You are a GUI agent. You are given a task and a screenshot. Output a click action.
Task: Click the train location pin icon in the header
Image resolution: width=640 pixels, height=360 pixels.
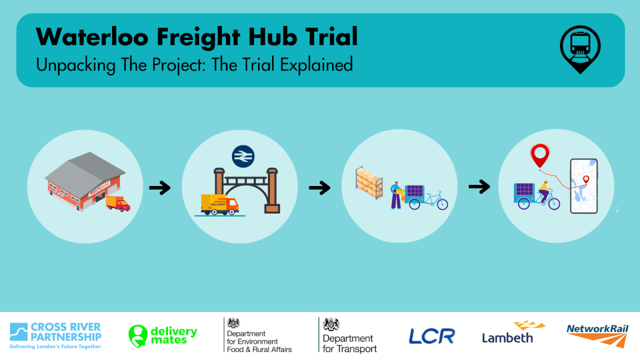tap(580, 49)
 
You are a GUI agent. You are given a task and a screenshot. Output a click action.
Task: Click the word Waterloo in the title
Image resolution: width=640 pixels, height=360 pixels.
tap(92, 37)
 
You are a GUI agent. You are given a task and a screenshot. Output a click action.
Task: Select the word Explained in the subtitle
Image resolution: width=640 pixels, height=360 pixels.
tap(316, 65)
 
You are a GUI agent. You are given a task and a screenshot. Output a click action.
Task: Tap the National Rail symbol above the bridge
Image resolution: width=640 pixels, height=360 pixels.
tap(243, 156)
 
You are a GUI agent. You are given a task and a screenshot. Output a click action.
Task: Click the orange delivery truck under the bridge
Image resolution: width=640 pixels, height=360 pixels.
tap(220, 204)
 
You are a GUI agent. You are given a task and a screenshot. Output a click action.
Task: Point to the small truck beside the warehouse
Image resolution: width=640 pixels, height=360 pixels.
tap(118, 203)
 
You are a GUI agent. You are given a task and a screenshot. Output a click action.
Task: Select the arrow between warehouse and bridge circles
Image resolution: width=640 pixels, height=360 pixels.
tap(160, 187)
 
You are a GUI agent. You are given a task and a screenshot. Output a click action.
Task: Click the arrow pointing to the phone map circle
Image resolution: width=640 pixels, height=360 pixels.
tap(479, 186)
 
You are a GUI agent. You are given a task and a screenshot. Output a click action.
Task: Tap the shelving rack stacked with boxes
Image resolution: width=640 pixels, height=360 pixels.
tap(369, 182)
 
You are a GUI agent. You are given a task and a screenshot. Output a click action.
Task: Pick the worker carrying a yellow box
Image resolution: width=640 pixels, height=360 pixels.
tap(397, 195)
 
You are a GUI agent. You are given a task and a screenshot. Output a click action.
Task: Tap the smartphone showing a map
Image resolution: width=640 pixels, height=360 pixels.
tap(583, 186)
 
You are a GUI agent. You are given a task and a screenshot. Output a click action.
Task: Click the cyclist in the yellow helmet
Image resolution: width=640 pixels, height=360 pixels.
tap(544, 191)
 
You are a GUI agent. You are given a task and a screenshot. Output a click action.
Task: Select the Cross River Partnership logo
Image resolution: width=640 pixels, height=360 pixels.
tap(55, 335)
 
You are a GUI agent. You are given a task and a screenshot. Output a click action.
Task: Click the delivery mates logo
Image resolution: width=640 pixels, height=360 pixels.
tap(162, 335)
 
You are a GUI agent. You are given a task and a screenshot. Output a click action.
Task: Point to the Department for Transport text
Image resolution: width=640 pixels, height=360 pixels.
tap(349, 343)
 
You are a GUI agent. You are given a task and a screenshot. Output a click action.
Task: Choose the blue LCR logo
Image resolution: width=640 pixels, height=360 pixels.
tap(431, 336)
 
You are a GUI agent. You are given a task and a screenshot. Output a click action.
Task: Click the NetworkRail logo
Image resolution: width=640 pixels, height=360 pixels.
tap(597, 335)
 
